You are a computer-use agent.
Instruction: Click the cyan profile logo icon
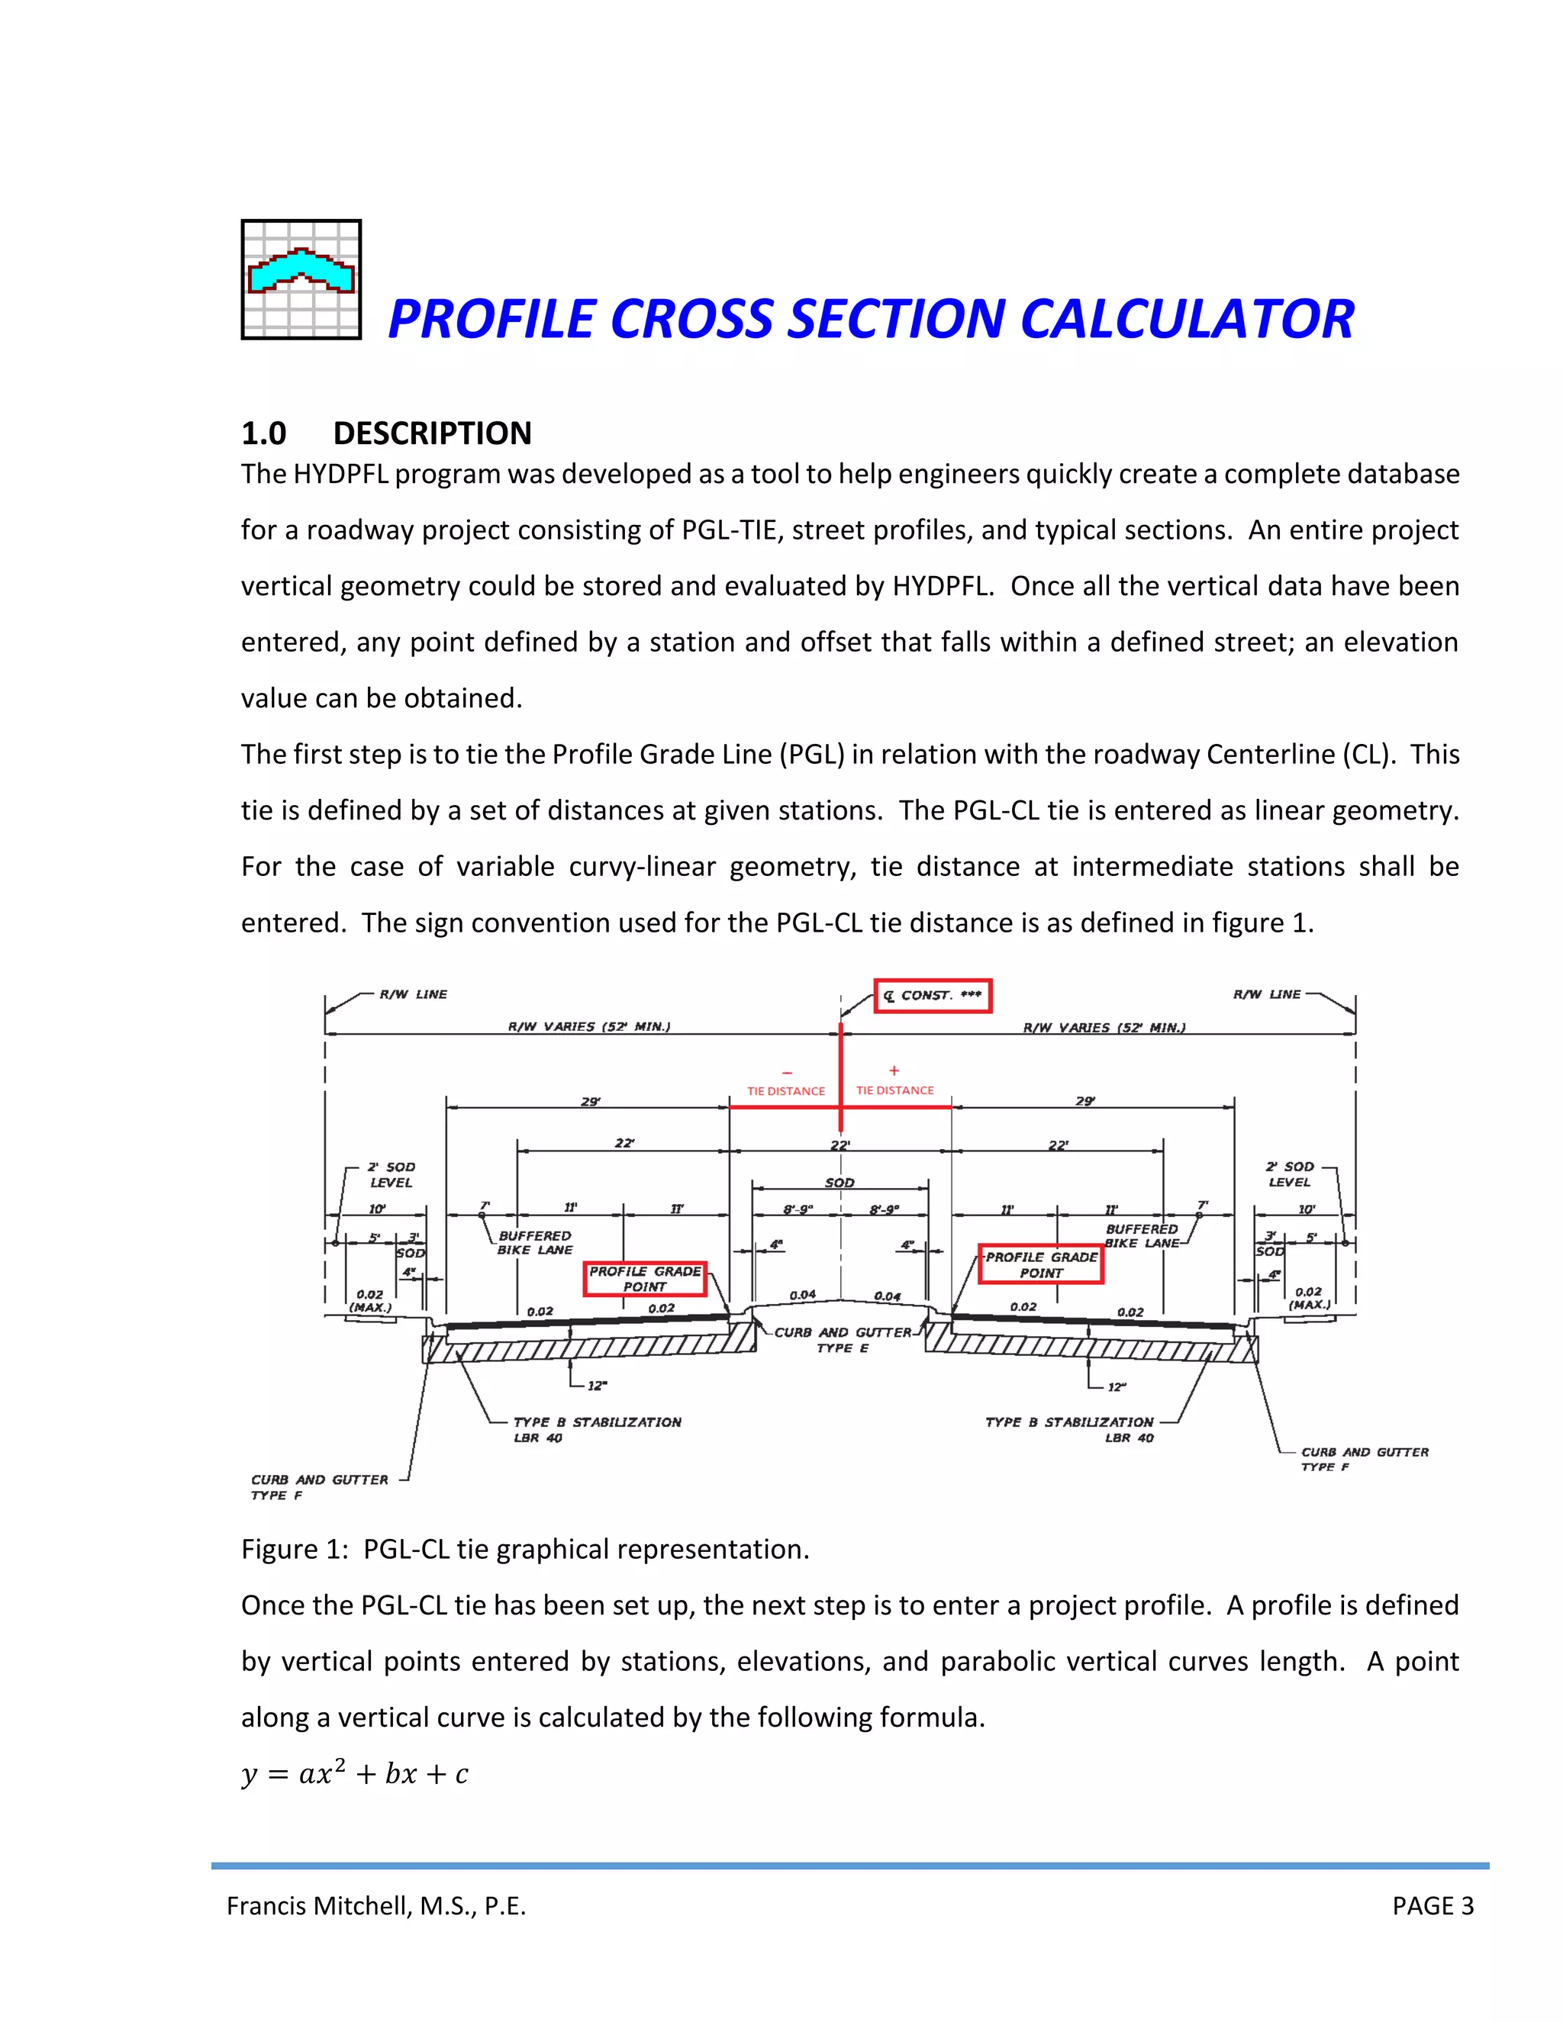click(301, 279)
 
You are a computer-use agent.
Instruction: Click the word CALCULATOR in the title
click(1186, 320)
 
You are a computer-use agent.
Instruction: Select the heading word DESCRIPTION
click(433, 433)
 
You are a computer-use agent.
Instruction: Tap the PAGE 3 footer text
click(1432, 1905)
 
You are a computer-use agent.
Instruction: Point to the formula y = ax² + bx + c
click(355, 1773)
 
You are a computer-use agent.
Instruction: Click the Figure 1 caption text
click(525, 1549)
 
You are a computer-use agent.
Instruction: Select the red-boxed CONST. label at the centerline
click(933, 995)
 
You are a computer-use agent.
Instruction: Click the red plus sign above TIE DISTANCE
click(894, 1071)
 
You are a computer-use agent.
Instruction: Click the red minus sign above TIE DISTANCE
click(786, 1073)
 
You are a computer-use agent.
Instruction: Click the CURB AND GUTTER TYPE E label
click(843, 1340)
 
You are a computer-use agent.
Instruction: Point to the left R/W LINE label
click(413, 994)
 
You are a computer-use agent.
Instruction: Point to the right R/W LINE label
click(1266, 994)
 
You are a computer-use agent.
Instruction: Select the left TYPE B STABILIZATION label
click(598, 1422)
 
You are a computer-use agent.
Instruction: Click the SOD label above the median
click(840, 1182)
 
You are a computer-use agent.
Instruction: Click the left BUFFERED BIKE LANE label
click(535, 1242)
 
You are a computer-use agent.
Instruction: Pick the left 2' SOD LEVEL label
click(392, 1174)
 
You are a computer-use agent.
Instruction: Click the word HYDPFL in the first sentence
click(343, 474)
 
